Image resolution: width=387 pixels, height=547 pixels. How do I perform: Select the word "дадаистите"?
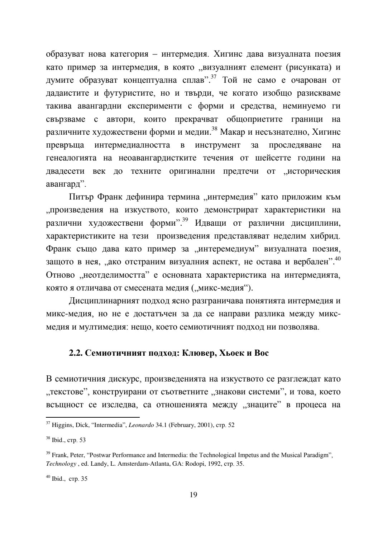coord(67,93)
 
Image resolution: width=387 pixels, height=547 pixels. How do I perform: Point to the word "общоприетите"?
coord(255,119)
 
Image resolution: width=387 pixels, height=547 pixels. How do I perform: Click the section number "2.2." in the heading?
coord(76,353)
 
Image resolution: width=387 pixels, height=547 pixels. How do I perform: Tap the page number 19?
coord(193,495)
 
